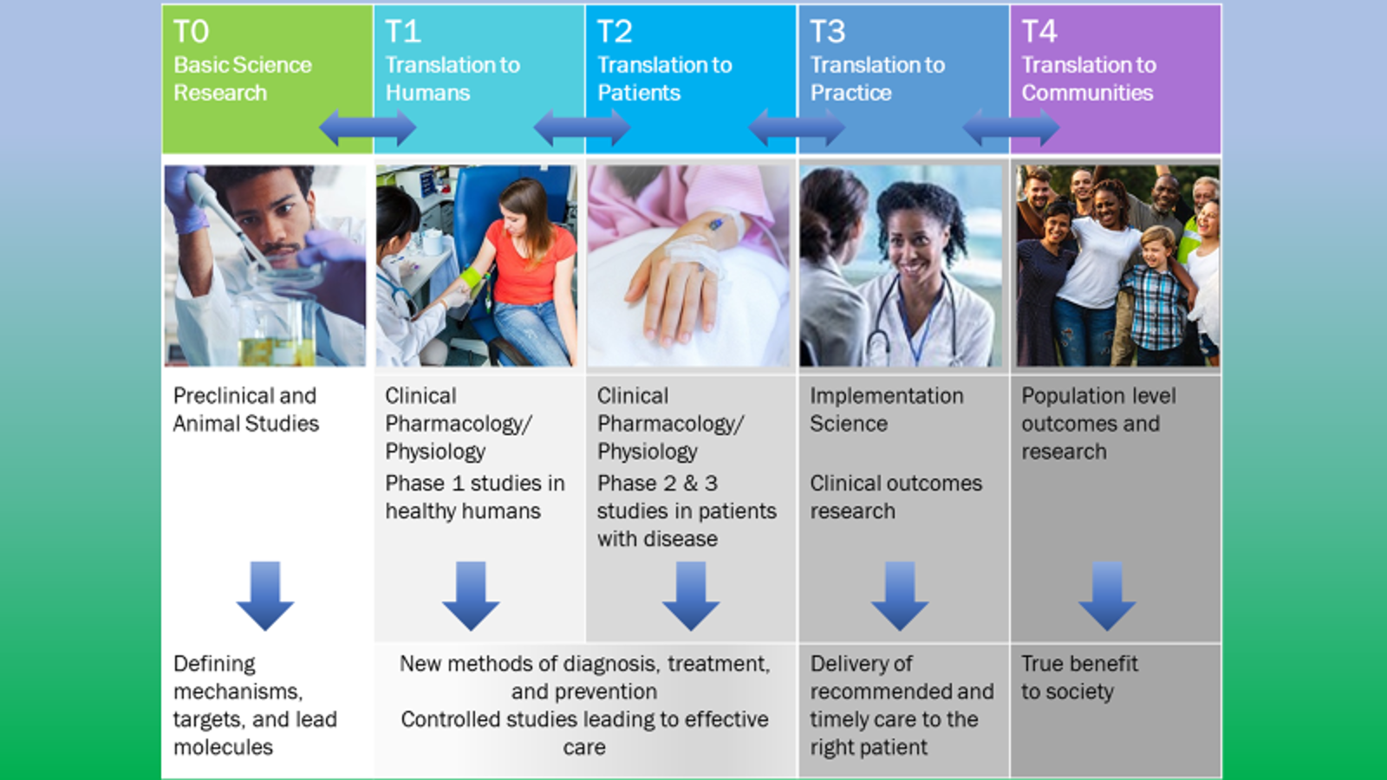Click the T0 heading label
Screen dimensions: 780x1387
(x=191, y=32)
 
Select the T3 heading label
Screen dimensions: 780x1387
(x=827, y=32)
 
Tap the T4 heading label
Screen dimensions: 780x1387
(x=1039, y=32)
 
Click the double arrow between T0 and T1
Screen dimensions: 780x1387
(x=368, y=128)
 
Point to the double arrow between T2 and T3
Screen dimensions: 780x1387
(x=796, y=128)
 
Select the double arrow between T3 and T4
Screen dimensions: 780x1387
(x=1010, y=128)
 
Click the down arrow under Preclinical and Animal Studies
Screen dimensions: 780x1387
(x=265, y=595)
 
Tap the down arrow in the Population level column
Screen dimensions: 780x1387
(x=1107, y=595)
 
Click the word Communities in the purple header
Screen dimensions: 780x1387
(x=1087, y=93)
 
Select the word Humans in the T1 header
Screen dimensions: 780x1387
(x=427, y=93)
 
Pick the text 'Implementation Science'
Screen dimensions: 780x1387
(x=886, y=410)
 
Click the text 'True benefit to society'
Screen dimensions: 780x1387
(x=1078, y=678)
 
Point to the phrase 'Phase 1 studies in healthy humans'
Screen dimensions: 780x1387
(x=474, y=497)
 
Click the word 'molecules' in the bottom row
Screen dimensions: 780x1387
(x=223, y=747)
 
